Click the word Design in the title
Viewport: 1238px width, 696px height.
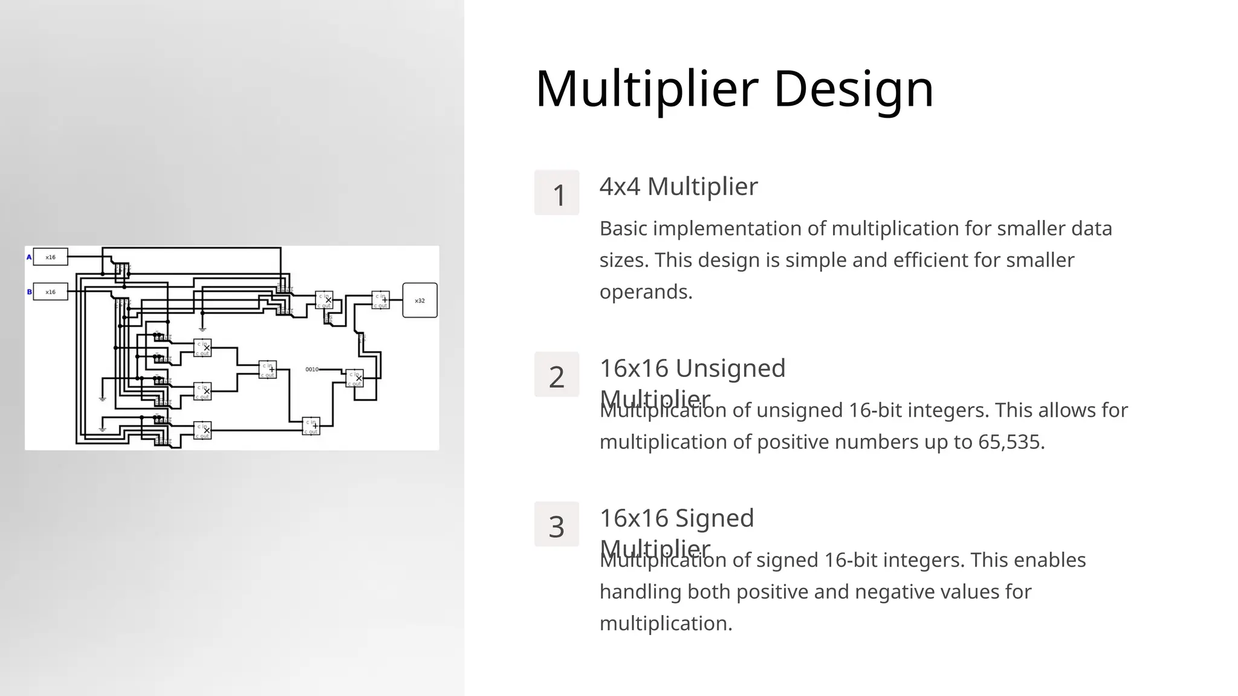point(853,89)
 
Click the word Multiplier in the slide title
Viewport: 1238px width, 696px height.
point(646,89)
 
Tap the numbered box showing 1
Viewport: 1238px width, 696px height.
point(557,193)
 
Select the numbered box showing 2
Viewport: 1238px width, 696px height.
point(557,375)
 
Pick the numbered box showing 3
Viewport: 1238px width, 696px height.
point(557,524)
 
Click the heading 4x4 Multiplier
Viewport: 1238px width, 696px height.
point(678,186)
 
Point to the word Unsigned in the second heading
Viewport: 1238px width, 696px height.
point(730,368)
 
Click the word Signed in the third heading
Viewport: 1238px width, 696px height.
point(714,518)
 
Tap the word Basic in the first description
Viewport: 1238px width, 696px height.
point(623,228)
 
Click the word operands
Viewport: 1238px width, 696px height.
point(646,292)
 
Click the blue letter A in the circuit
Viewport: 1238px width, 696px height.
point(29,257)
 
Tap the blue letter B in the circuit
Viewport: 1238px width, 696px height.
point(29,292)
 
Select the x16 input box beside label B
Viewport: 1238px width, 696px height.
point(50,292)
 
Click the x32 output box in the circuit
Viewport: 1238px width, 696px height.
point(420,300)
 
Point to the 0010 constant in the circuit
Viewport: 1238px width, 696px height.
point(312,369)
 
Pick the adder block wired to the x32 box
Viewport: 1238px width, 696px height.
point(381,300)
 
